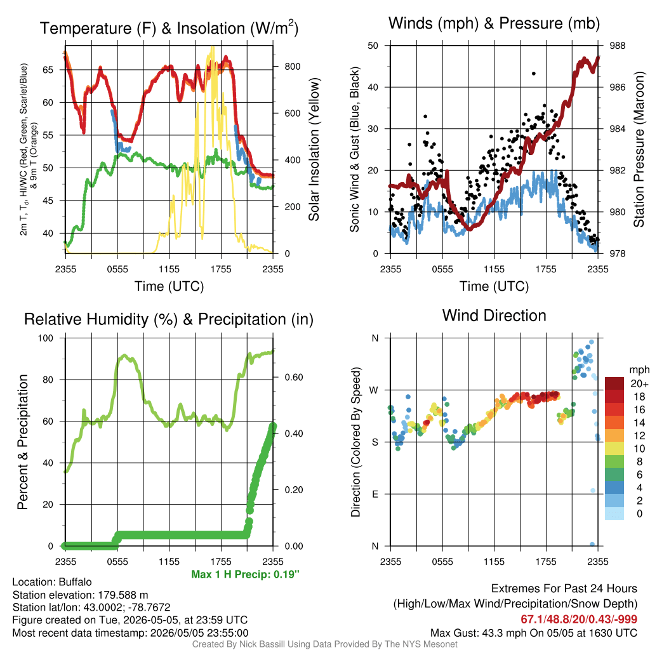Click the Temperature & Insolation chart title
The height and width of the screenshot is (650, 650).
[169, 28]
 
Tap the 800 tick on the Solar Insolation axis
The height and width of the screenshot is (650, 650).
[292, 66]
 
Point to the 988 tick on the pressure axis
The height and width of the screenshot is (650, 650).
[617, 46]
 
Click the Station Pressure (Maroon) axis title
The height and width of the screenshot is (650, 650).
[639, 149]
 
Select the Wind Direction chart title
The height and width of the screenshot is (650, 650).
[494, 315]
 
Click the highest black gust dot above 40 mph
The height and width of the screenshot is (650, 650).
[533, 74]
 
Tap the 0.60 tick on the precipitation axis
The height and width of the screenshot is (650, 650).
[293, 377]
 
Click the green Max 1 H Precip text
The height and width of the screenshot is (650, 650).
[246, 574]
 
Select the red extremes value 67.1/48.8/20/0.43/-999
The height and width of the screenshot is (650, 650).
[579, 619]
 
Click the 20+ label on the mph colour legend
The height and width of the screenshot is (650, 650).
[639, 383]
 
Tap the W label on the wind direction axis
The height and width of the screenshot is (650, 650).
[374, 390]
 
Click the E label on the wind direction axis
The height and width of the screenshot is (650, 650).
[375, 494]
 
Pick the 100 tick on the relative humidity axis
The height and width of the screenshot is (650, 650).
[46, 338]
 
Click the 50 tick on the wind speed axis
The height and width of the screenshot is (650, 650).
[373, 46]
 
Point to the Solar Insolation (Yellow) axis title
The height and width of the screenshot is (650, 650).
[314, 149]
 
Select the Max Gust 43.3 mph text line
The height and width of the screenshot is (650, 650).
[533, 633]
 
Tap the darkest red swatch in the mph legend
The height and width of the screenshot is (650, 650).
[614, 383]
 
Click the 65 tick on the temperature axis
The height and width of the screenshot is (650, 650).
[48, 70]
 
